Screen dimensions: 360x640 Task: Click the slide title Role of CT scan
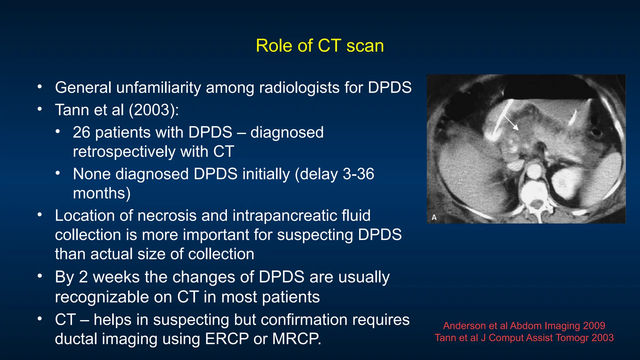[x=320, y=46]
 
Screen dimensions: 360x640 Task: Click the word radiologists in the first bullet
[x=299, y=88]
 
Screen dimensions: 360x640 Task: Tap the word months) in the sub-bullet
[x=102, y=193]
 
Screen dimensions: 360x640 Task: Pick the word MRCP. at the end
[x=297, y=339]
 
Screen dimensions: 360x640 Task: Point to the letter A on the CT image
[x=434, y=217]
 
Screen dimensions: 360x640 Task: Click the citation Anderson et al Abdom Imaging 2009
[x=524, y=326]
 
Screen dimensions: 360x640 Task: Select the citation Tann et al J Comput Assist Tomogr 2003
[x=524, y=338]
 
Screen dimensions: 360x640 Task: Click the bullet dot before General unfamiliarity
[x=40, y=87]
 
